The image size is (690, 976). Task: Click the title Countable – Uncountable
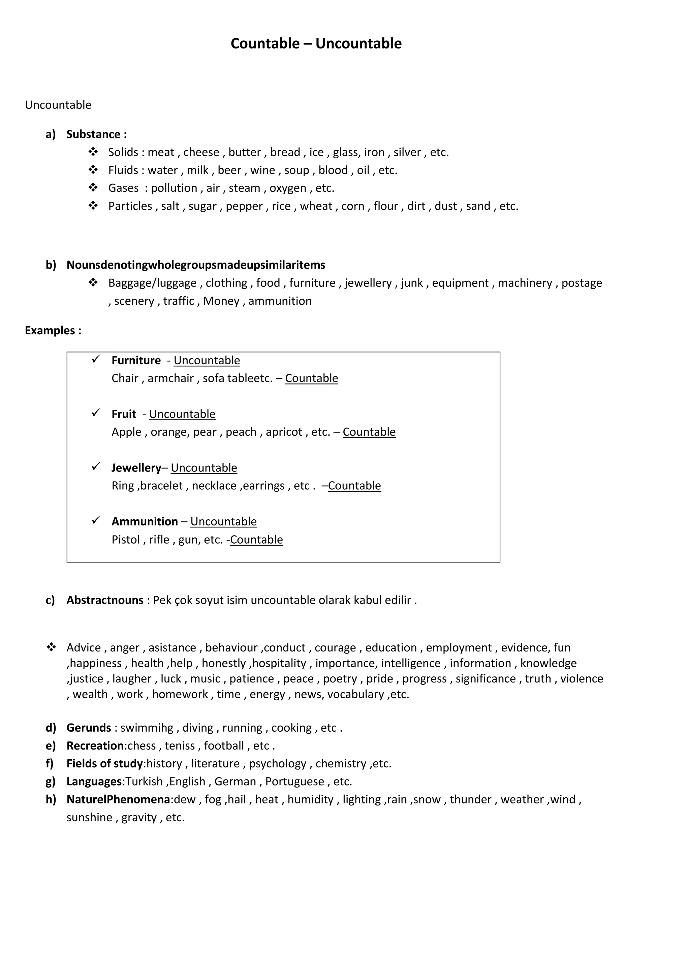pyautogui.click(x=316, y=43)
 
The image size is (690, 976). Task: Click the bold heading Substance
pyautogui.click(x=93, y=134)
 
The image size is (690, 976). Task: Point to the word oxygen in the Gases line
pyautogui.click(x=288, y=188)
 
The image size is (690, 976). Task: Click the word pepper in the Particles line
pyautogui.click(x=244, y=206)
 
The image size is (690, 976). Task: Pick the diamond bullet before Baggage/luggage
pyautogui.click(x=93, y=283)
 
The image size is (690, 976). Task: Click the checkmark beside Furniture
pyautogui.click(x=96, y=360)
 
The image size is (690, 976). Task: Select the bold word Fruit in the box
pyautogui.click(x=124, y=414)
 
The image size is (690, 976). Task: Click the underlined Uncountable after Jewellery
pyautogui.click(x=204, y=467)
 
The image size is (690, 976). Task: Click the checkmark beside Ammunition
pyautogui.click(x=96, y=520)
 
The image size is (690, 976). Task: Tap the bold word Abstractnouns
pyautogui.click(x=105, y=600)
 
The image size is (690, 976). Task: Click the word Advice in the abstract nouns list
pyautogui.click(x=84, y=647)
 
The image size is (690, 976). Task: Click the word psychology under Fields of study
pyautogui.click(x=277, y=763)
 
